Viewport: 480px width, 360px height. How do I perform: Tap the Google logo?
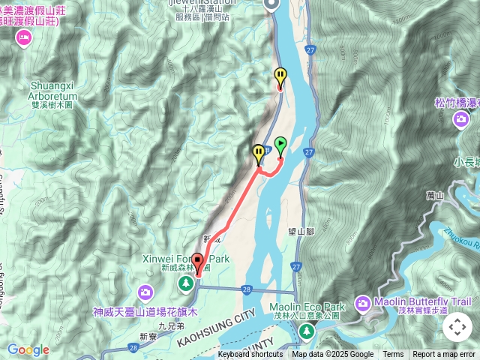click(x=28, y=349)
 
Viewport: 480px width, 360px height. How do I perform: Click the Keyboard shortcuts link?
click(x=250, y=355)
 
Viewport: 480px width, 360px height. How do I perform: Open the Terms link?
click(x=393, y=355)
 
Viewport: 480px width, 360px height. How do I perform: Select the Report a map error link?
click(x=445, y=355)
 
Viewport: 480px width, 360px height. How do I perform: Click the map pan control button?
click(x=457, y=327)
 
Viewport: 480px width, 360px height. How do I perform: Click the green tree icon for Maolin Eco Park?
click(x=303, y=331)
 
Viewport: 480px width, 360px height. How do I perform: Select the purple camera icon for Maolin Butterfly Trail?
click(x=362, y=303)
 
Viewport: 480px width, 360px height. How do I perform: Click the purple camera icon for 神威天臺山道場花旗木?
click(x=145, y=291)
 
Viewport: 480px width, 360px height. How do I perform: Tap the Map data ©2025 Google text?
click(x=332, y=355)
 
